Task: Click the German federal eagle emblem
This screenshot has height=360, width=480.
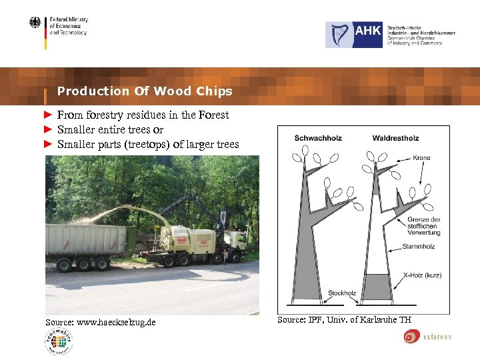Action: tap(35, 23)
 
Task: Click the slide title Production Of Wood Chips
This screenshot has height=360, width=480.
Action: tap(145, 91)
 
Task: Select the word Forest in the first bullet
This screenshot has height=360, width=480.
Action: tap(213, 115)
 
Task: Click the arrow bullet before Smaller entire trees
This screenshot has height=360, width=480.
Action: tap(48, 129)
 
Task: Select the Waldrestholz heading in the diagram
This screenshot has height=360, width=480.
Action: tap(395, 138)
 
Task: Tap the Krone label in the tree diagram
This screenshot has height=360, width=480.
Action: tap(421, 158)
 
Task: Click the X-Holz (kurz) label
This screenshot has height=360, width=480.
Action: tap(422, 275)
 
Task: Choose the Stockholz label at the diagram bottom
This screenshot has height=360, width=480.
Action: tap(342, 293)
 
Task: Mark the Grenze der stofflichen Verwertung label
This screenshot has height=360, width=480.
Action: tap(423, 226)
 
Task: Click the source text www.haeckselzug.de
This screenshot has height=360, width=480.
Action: tap(101, 322)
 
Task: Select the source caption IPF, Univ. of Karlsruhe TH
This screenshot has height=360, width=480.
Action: tap(344, 320)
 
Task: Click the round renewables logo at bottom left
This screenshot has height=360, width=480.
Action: tap(59, 342)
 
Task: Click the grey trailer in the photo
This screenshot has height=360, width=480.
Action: tap(87, 240)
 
